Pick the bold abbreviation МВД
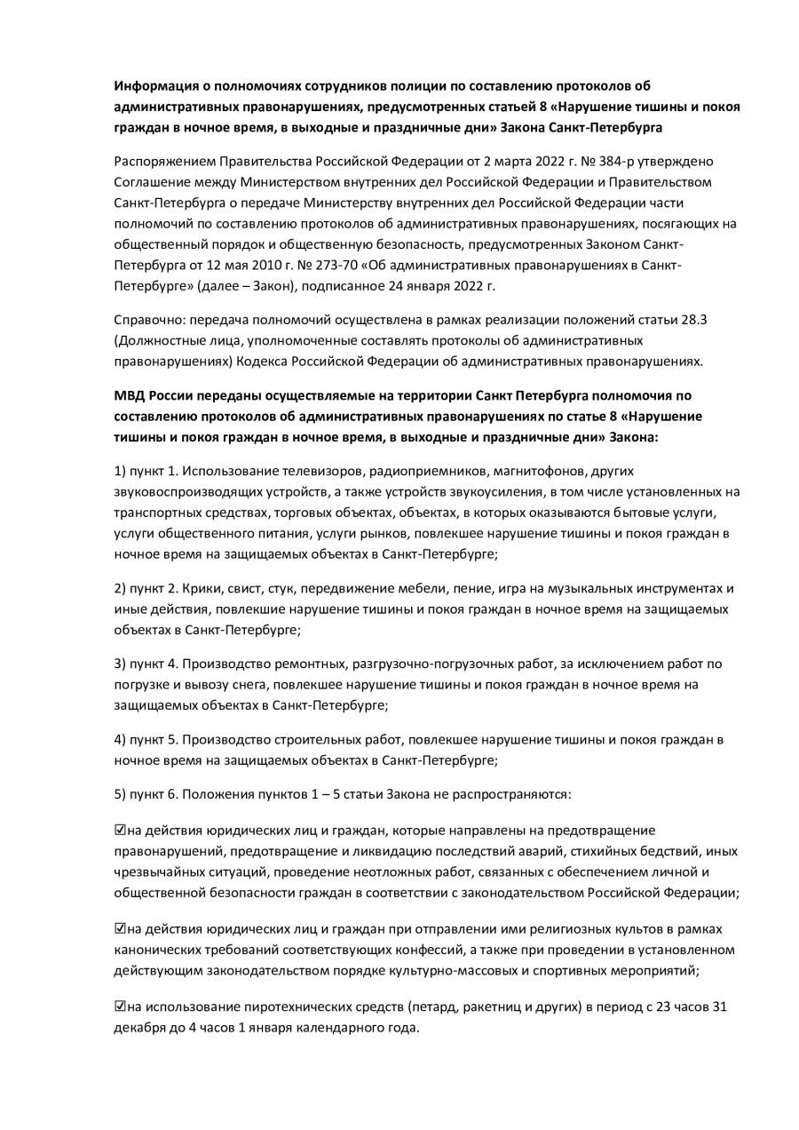[130, 395]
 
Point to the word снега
[244, 684]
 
